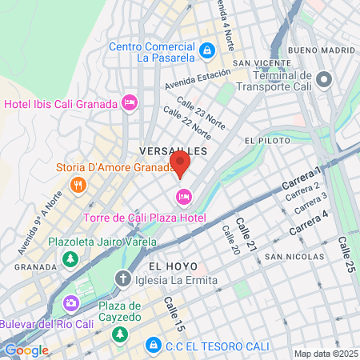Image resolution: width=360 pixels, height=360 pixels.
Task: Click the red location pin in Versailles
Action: click(181, 164)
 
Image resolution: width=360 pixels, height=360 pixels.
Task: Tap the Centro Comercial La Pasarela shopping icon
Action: click(207, 50)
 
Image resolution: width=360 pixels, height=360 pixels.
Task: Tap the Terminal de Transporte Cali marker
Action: click(324, 78)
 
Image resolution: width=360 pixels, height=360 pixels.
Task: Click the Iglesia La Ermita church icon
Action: click(122, 279)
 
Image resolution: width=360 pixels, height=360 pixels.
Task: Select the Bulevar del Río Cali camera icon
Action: click(70, 302)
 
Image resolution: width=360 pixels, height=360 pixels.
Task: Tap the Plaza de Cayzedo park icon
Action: click(119, 333)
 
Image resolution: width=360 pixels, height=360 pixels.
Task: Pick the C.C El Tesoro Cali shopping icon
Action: click(152, 345)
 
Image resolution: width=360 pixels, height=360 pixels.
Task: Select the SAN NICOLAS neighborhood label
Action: click(296, 257)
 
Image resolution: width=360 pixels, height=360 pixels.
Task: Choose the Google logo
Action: click(26, 350)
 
